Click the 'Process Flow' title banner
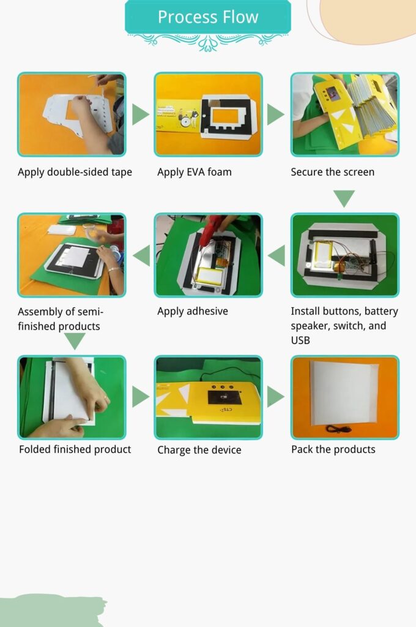coord(208,17)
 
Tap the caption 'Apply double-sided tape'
coord(75,172)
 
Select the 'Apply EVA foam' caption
coord(194,172)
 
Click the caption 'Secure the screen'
coord(332,172)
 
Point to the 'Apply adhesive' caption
coord(193,311)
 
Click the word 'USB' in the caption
coord(300,340)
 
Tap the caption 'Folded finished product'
coord(75,449)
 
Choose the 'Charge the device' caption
coord(199,450)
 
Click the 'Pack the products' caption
coord(333,449)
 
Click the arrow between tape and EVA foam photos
coord(139,115)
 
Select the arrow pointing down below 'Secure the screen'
coord(344,198)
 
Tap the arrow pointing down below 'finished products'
coord(75,341)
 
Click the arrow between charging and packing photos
coord(275,397)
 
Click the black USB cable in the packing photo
coord(339,429)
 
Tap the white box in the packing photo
coord(344,392)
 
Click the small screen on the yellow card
coord(331,93)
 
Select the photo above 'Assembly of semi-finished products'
coord(72,255)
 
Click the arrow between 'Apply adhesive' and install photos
coord(276,255)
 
